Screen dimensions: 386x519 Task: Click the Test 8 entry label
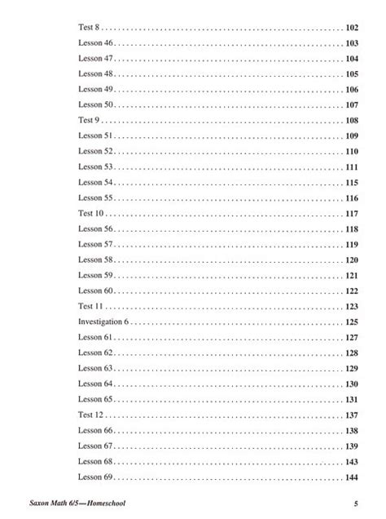(x=88, y=28)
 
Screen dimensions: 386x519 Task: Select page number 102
(x=352, y=28)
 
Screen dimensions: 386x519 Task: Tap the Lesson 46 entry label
(x=95, y=43)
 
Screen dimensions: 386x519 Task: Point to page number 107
(x=352, y=105)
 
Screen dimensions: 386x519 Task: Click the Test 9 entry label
(x=88, y=121)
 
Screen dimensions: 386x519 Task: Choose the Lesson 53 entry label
(x=95, y=167)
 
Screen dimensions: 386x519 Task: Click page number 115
(x=352, y=183)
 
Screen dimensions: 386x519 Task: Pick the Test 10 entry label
(x=90, y=214)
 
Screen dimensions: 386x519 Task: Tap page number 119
(x=352, y=245)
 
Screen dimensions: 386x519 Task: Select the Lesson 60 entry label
(x=95, y=291)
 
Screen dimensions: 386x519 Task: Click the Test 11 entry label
(x=90, y=307)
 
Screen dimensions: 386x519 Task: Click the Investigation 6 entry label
(x=103, y=322)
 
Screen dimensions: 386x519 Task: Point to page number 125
(x=352, y=322)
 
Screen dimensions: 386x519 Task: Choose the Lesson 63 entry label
(x=95, y=369)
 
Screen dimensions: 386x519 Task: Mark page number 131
(x=352, y=400)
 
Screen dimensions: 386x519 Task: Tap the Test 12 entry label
(x=90, y=415)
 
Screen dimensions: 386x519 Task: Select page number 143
(x=352, y=462)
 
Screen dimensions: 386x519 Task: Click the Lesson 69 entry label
(x=95, y=477)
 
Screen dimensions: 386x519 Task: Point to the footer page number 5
(x=356, y=503)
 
